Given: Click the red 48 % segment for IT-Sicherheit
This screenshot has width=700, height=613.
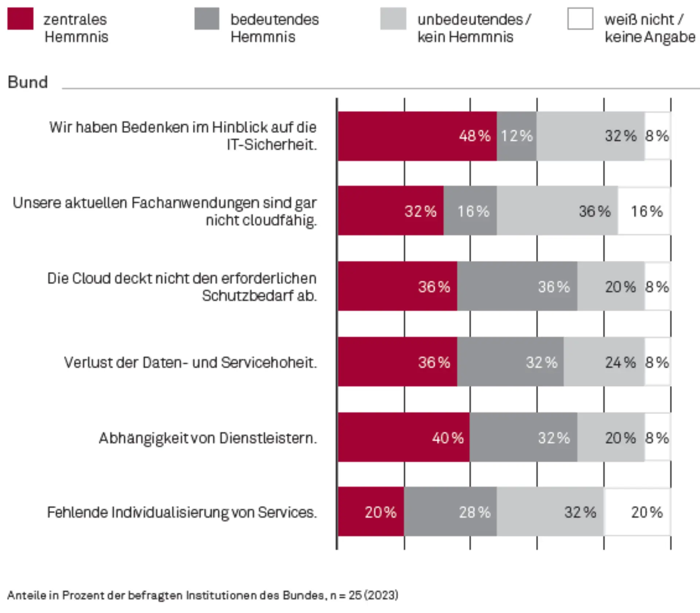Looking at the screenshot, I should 417,136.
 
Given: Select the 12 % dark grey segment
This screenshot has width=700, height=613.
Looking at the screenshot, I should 516,136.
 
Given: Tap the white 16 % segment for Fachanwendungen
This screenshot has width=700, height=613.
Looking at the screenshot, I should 644,211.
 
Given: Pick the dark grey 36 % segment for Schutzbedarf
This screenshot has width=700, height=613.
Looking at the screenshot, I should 517,286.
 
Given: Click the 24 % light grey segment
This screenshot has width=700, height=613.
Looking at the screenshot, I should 604,362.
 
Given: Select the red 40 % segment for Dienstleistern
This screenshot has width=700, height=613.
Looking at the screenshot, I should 404,437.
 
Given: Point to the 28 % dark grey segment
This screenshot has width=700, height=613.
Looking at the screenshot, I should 450,512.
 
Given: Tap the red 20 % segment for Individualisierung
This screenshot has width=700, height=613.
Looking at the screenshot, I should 371,512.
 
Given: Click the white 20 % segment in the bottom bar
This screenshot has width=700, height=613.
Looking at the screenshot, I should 637,512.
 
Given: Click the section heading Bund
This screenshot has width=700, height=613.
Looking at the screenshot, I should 28,82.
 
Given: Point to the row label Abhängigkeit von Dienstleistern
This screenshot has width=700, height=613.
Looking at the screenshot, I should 207,438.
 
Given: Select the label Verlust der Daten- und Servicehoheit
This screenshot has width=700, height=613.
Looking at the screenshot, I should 190,363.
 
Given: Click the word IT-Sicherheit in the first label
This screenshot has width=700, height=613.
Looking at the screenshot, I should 272,145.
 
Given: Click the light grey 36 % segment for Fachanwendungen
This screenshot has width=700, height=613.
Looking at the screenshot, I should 557,211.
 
